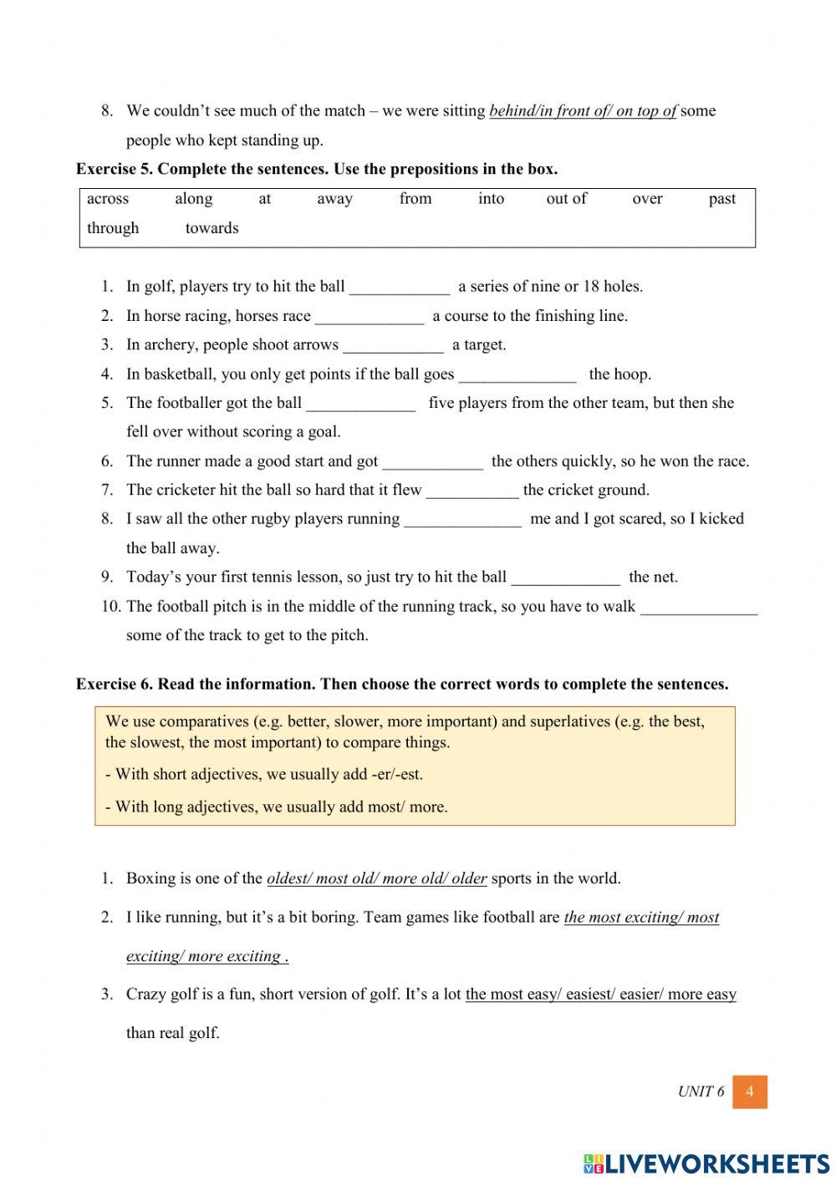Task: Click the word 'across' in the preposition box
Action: (x=108, y=199)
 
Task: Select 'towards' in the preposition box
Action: (x=212, y=228)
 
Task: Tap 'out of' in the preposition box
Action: (x=566, y=199)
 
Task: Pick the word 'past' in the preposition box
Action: (x=721, y=199)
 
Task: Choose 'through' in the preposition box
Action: (x=113, y=228)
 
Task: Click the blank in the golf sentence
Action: (x=400, y=288)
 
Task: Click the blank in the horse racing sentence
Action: (x=370, y=317)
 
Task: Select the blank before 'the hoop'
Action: (x=517, y=375)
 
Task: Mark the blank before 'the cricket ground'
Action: (x=472, y=491)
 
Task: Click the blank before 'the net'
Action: (x=566, y=578)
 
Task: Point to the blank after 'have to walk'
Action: (x=699, y=608)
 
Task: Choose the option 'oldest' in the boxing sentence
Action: (x=288, y=878)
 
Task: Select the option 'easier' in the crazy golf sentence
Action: (x=639, y=994)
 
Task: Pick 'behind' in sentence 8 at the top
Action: (x=511, y=110)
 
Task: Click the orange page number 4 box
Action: (x=749, y=1092)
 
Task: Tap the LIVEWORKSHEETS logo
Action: (x=706, y=1163)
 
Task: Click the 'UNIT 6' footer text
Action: (x=701, y=1092)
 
